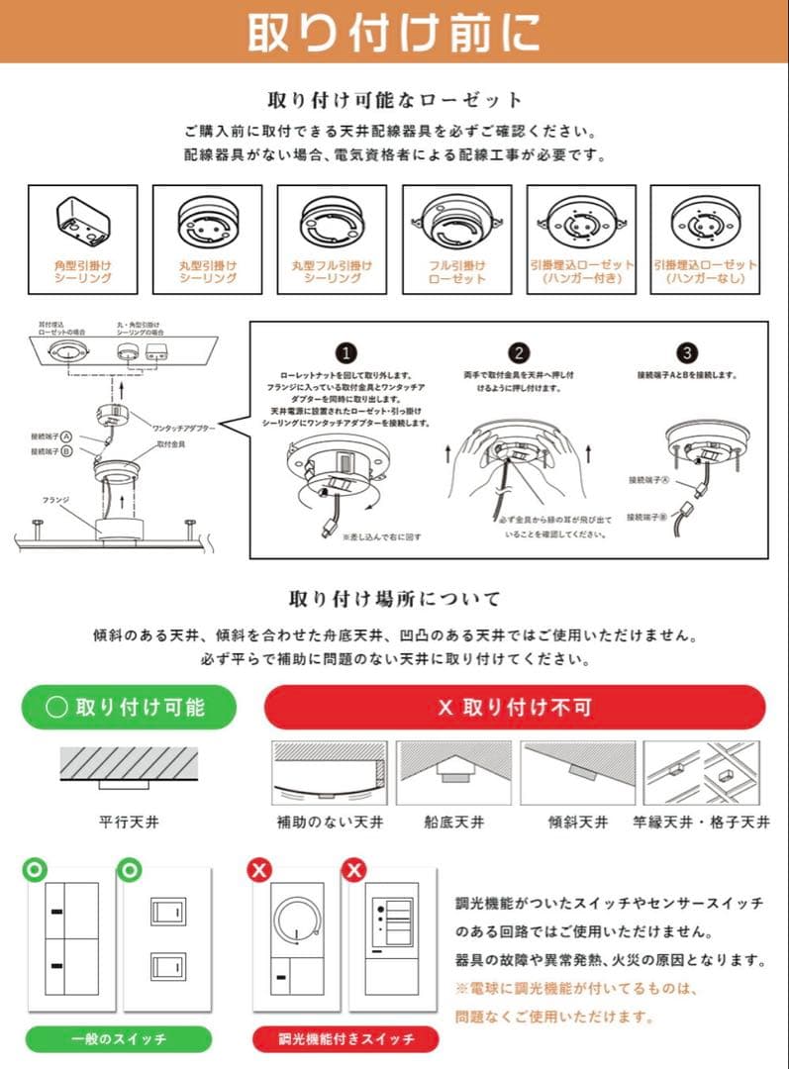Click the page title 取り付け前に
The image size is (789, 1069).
(393, 32)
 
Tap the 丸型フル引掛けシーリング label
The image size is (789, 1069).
(332, 272)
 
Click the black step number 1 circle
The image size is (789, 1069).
(345, 353)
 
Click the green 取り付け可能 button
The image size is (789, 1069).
(129, 707)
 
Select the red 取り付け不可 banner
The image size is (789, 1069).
(515, 707)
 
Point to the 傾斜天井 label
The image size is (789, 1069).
(578, 822)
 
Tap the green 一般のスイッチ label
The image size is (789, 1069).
(118, 1038)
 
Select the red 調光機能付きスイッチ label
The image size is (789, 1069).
(345, 1038)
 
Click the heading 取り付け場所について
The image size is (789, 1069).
(394, 598)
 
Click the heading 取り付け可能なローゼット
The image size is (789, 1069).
(394, 100)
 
